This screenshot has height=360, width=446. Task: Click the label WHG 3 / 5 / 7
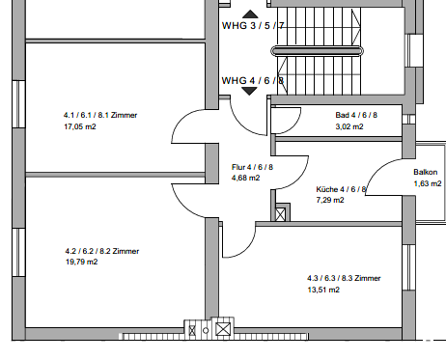coord(253,25)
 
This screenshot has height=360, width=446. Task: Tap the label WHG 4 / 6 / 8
coord(253,80)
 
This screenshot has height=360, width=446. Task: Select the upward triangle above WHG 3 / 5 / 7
coord(250,14)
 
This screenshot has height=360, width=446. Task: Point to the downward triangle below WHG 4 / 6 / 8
coord(249,92)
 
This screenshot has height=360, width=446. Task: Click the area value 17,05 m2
coord(80,126)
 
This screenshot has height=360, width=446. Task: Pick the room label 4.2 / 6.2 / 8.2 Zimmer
coord(102,251)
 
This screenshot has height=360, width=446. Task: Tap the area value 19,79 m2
coord(81,262)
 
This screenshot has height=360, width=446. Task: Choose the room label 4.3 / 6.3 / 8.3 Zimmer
coord(344,278)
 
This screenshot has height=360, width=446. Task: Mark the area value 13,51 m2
coord(323,290)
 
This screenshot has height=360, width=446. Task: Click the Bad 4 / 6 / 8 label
coord(356,115)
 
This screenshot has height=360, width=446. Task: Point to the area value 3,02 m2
coord(349,126)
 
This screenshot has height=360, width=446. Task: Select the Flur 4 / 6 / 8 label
coord(252,167)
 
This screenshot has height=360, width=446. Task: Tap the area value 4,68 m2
coord(245,178)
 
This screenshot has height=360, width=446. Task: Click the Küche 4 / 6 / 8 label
coord(341,189)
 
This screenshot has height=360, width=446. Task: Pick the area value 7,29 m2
coord(330,200)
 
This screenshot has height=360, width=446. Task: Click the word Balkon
coord(426,172)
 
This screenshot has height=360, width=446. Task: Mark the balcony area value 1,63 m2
coord(428,183)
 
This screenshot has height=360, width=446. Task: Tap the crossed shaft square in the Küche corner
coord(281,214)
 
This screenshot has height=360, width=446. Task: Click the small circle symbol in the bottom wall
coord(206,330)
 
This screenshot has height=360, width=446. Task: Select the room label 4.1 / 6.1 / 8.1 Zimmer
coord(100,115)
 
